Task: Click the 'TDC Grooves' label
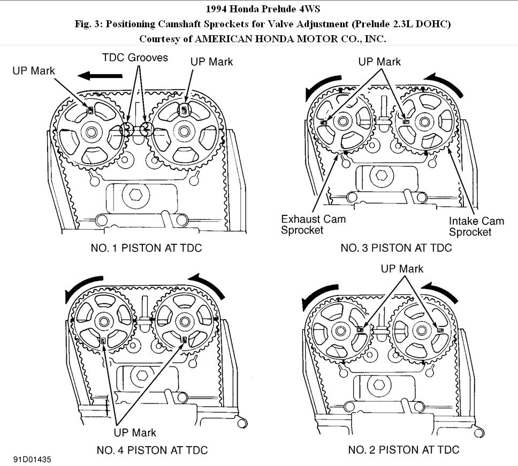pos(136,57)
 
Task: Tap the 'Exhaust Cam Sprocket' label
pos(314,224)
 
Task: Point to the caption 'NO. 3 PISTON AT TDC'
pos(396,248)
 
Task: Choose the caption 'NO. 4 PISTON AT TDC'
pos(152,450)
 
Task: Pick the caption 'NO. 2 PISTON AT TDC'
pos(403,450)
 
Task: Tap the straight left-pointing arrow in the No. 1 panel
pos(98,76)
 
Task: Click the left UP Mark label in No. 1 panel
pos(34,70)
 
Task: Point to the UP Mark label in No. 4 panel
pos(135,432)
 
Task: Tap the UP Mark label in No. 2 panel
pos(402,268)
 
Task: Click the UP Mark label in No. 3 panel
pos(379,61)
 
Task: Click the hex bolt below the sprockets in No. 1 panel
pos(133,195)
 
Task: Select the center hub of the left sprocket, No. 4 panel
pos(103,322)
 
